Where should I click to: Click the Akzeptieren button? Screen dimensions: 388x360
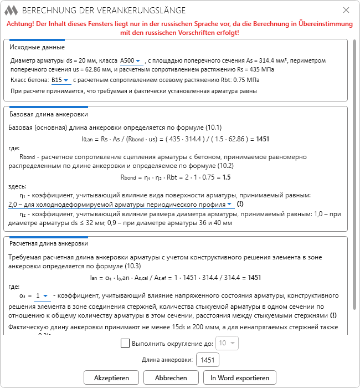pos(111,377)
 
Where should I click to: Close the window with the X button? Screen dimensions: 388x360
pos(346,11)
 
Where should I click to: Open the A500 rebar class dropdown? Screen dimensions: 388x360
pos(131,60)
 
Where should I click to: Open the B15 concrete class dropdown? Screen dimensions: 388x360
pos(60,80)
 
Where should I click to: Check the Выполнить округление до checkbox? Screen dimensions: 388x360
pos(125,343)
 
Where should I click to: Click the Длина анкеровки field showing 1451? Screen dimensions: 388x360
pos(208,360)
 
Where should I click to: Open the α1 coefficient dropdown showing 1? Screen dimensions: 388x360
pos(42,296)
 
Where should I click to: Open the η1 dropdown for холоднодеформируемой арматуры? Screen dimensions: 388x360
pos(122,204)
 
